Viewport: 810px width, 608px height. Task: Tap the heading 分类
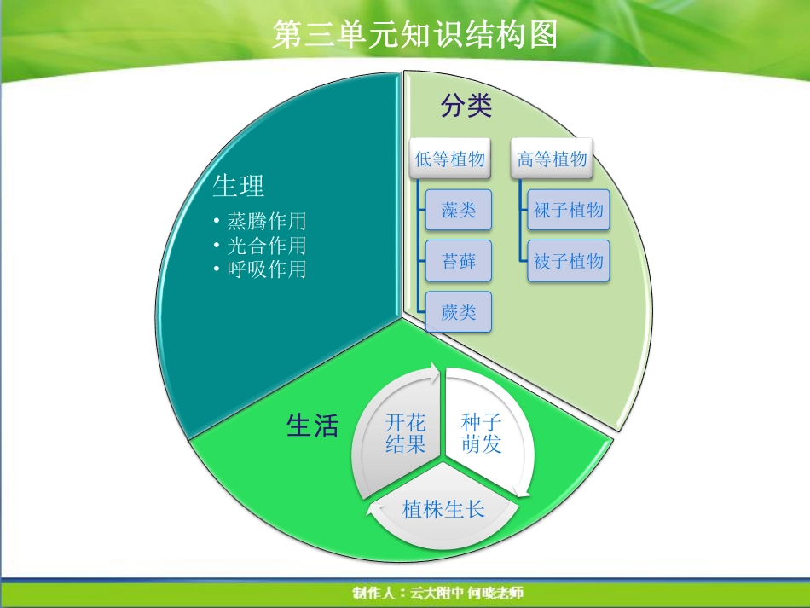466,106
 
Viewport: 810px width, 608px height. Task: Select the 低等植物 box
450,159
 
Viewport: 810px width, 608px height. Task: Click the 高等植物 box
553,159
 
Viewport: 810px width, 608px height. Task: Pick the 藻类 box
459,210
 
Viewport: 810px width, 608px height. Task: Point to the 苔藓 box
459,261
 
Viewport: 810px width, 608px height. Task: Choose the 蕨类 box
459,312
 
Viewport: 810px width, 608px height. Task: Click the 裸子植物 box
568,210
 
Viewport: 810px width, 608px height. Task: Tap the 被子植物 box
568,261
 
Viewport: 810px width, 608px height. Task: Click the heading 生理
238,185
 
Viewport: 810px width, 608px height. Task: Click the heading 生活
312,426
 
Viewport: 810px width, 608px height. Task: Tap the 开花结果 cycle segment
405,433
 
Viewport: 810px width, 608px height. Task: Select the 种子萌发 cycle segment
482,433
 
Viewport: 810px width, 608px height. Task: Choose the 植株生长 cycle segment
443,510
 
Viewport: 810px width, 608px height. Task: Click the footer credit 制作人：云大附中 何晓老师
437,593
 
